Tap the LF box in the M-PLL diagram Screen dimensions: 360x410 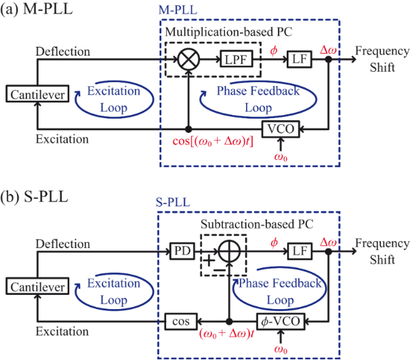pos(298,60)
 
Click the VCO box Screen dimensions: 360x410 pos(280,127)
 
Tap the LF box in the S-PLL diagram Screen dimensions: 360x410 pos(298,252)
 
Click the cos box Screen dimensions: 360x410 pos(182,320)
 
